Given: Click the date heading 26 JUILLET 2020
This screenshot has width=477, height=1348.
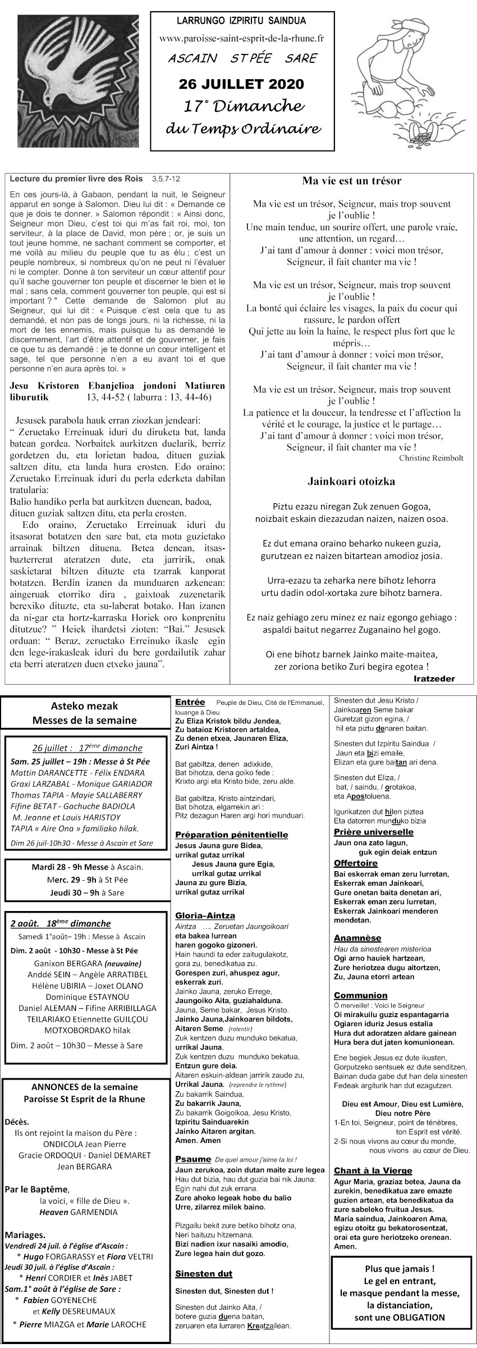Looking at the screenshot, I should pos(241,84).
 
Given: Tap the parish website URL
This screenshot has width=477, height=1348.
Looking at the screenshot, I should pos(241,38).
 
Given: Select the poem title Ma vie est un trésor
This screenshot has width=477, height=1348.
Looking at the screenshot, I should pos(351,181).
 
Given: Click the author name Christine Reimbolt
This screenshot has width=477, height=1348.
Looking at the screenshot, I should pos(431,458).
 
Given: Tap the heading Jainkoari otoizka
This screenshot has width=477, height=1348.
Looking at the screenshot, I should pos(351,481).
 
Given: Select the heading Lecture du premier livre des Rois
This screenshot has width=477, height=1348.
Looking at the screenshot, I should pos(77,180).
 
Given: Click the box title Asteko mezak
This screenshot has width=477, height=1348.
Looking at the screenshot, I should pos(85,706).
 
